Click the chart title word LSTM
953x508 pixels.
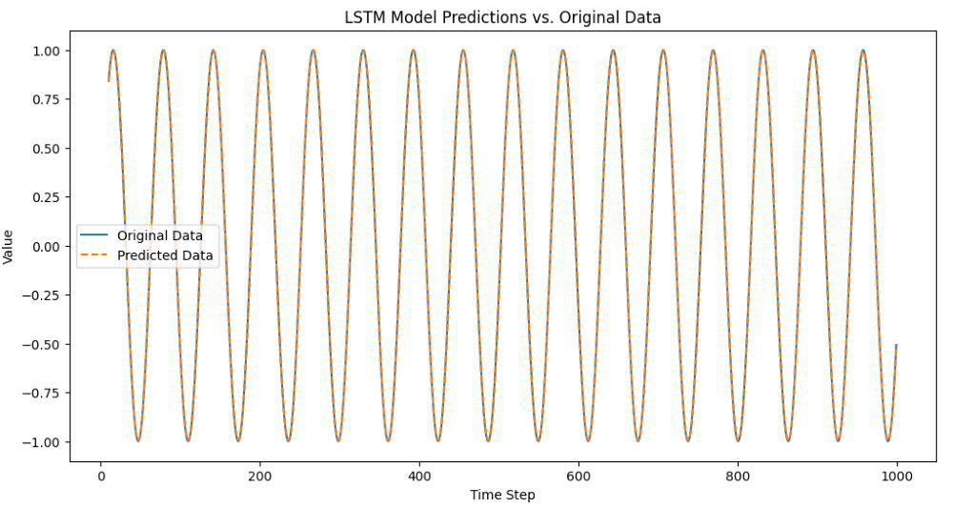tap(364, 17)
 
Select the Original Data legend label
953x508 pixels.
tap(160, 235)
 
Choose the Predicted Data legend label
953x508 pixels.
tap(165, 255)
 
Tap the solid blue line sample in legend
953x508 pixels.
tap(95, 235)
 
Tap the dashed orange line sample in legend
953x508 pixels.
tap(95, 255)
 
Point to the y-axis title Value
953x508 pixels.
tap(9, 246)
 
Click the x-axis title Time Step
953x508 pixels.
tap(502, 495)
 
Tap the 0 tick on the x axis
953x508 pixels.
tap(101, 476)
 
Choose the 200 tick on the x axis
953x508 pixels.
tap(259, 476)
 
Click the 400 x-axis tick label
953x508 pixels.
tap(418, 476)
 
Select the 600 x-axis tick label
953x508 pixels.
tap(578, 476)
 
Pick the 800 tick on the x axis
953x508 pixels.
tap(737, 476)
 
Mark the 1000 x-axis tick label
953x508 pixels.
tap(896, 476)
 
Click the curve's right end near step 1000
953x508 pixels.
tap(896, 345)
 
